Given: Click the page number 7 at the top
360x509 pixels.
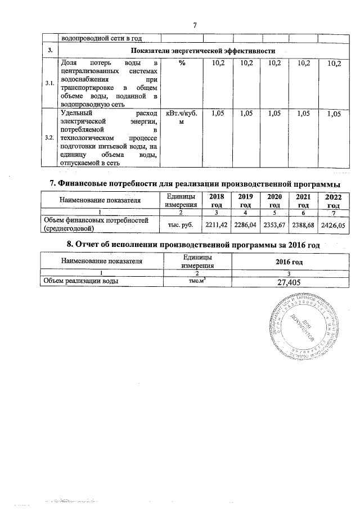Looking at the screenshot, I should pyautogui.click(x=194, y=25).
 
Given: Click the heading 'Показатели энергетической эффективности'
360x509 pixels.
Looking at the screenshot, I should pyautogui.click(x=195, y=51).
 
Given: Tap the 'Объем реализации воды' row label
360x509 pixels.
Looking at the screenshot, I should pyautogui.click(x=77, y=281).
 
